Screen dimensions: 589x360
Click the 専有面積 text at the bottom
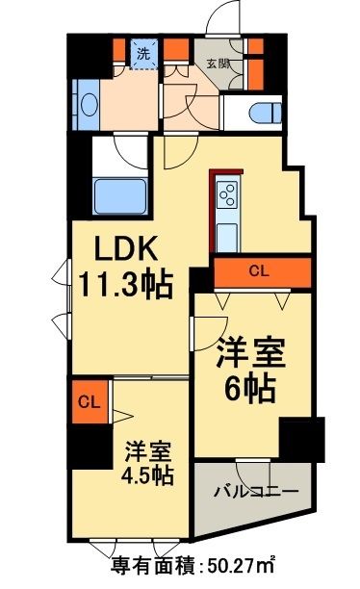(154, 564)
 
